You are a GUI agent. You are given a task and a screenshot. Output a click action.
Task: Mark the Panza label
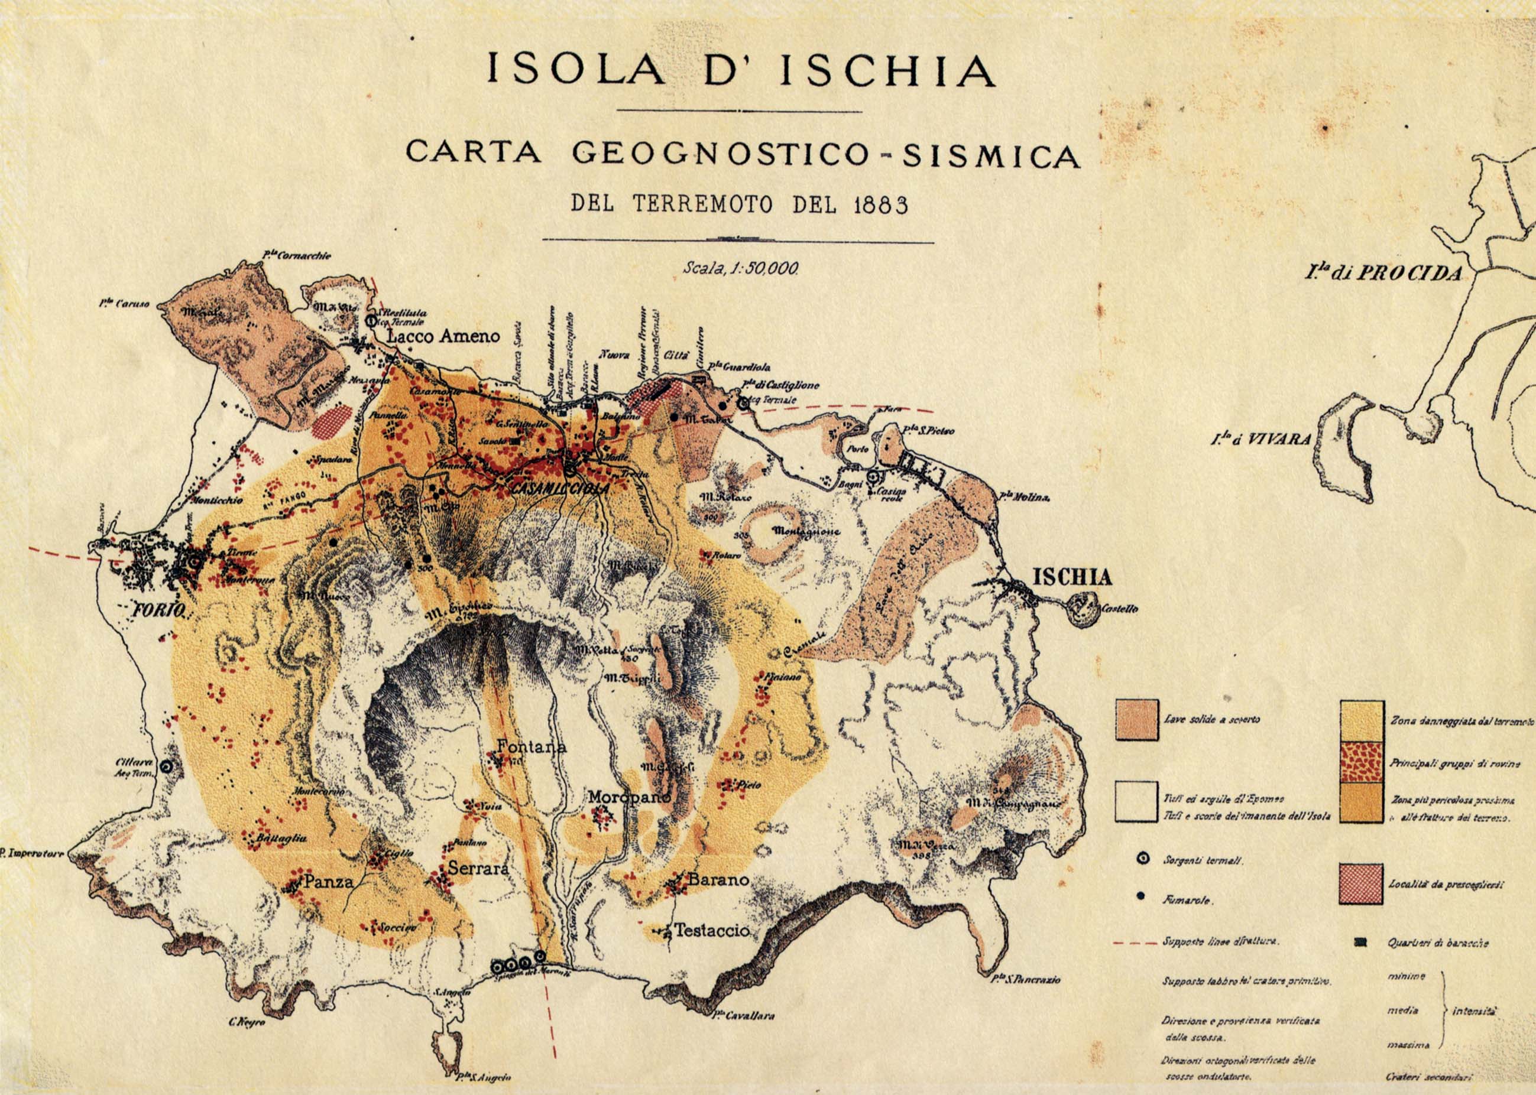point(329,881)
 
